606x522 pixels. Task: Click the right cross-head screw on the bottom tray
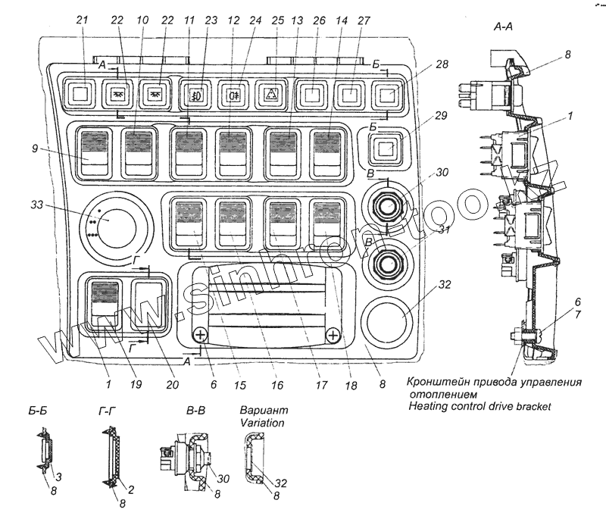click(332, 336)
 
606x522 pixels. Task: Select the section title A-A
click(505, 27)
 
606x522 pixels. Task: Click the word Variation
click(260, 422)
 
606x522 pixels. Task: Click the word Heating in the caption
click(430, 407)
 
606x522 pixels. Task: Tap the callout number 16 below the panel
click(276, 385)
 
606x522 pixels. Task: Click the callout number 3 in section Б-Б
click(59, 476)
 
